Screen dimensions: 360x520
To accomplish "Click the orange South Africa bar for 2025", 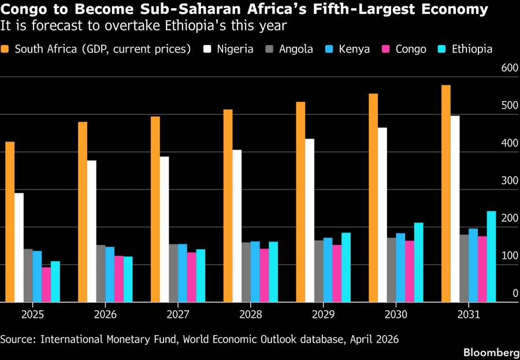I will pyautogui.click(x=10, y=222).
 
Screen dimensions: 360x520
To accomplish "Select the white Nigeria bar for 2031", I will pyautogui.click(x=455, y=209).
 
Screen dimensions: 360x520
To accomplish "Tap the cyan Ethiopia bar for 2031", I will pyautogui.click(x=491, y=257).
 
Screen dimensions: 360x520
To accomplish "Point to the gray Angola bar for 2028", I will pyautogui.click(x=246, y=272).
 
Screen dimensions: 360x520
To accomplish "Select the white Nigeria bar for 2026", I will pyautogui.click(x=92, y=231).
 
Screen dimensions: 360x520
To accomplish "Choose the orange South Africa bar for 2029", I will pyautogui.click(x=300, y=202).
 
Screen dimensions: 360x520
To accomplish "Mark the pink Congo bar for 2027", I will pyautogui.click(x=192, y=277).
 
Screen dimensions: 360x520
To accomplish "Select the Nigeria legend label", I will pyautogui.click(x=235, y=49).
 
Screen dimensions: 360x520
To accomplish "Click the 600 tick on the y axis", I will pyautogui.click(x=510, y=68).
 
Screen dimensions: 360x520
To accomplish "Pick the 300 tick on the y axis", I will pyautogui.click(x=510, y=181).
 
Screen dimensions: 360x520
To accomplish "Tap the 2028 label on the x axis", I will pyautogui.click(x=251, y=315).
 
